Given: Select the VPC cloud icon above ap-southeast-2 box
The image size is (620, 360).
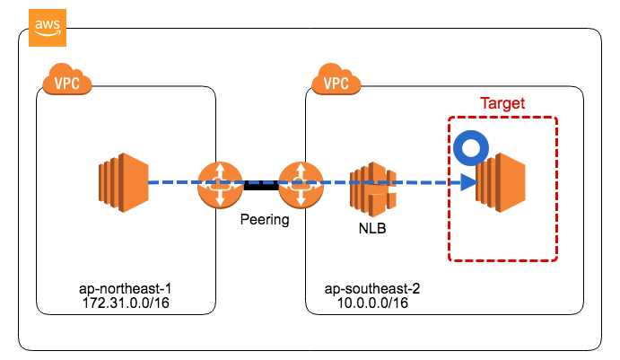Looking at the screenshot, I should point(335,82).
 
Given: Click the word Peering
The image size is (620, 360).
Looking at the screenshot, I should point(265,219).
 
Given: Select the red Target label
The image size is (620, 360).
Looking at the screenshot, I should point(502,103).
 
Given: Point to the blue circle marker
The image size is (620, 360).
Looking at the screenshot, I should point(468,149).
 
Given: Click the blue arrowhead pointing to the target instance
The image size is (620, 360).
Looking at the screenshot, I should point(467,183).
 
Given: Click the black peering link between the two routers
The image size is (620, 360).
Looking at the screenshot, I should point(260,184).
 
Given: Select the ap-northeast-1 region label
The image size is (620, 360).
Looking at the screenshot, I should point(125,291).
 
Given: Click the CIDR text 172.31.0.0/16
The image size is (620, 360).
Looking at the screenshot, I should point(125,303).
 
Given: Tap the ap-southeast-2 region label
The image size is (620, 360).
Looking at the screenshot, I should point(371,291).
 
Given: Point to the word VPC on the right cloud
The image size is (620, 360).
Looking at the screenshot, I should point(336,84).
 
